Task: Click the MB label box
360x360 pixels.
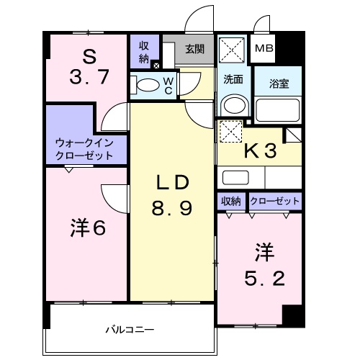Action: pyautogui.click(x=263, y=49)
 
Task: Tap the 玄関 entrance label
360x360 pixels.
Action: pyautogui.click(x=194, y=49)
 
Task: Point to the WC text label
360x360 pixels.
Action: pyautogui.click(x=166, y=85)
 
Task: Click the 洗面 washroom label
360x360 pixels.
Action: pyautogui.click(x=232, y=78)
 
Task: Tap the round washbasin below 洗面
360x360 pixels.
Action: pyautogui.click(x=232, y=105)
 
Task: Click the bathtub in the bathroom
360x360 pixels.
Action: pyautogui.click(x=277, y=110)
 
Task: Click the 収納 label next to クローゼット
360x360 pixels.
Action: pyautogui.click(x=232, y=202)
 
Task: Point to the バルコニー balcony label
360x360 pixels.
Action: pyautogui.click(x=130, y=330)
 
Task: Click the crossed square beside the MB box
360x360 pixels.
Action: pyautogui.click(x=233, y=50)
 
